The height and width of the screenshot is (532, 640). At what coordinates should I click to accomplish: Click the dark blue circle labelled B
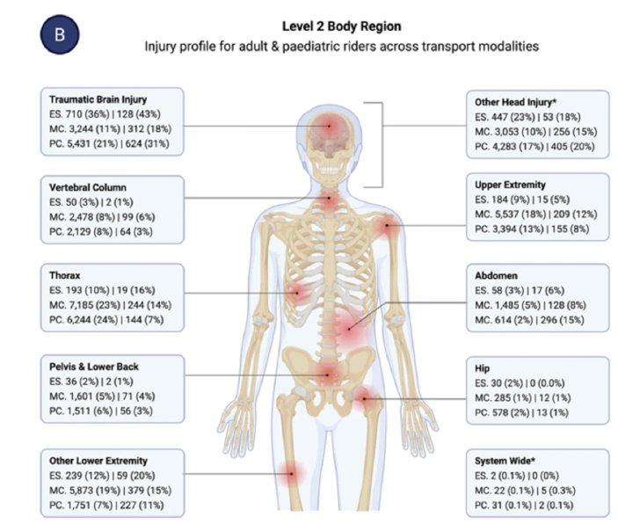pyautogui.click(x=60, y=34)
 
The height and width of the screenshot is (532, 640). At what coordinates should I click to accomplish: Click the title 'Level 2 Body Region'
pyautogui.click(x=342, y=26)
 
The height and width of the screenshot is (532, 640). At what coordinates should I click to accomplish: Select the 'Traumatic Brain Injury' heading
pyautogui.click(x=98, y=99)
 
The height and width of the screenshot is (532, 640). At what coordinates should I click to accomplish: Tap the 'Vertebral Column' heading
pyautogui.click(x=88, y=187)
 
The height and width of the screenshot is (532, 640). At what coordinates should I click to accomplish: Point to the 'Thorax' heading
pyautogui.click(x=65, y=275)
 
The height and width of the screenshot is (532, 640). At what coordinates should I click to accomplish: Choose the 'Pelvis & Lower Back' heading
pyautogui.click(x=94, y=367)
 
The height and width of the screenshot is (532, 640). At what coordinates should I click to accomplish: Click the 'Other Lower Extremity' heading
pyautogui.click(x=98, y=461)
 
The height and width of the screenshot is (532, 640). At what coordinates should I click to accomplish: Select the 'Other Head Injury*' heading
pyautogui.click(x=515, y=102)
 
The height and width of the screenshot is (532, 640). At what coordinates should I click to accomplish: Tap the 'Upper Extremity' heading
pyautogui.click(x=510, y=185)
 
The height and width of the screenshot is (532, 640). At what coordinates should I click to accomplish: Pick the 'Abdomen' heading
pyautogui.click(x=496, y=275)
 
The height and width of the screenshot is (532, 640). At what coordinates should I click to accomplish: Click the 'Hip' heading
pyautogui.click(x=482, y=368)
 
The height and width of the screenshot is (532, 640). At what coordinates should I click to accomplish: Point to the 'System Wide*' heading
pyautogui.click(x=505, y=461)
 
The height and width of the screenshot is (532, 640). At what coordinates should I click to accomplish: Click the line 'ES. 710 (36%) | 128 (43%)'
pyautogui.click(x=105, y=114)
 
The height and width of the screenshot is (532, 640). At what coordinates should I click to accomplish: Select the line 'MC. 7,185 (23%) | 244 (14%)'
pyautogui.click(x=110, y=305)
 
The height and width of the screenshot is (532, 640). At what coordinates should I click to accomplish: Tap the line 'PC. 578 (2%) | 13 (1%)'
pyautogui.click(x=521, y=412)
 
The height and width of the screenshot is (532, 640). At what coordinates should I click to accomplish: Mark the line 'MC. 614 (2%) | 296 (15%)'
pyautogui.click(x=529, y=320)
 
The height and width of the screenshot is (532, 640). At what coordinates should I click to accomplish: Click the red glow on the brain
pyautogui.click(x=329, y=126)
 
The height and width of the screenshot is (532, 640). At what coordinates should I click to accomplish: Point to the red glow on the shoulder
pyautogui.click(x=386, y=225)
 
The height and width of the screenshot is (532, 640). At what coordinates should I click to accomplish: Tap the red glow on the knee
pyautogui.click(x=292, y=474)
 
